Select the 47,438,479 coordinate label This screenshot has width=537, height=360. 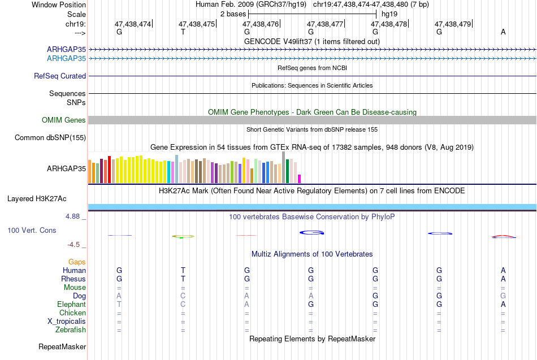[x=453, y=24]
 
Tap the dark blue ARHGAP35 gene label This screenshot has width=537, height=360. [x=67, y=49]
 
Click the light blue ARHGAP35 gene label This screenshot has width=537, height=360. [x=67, y=59]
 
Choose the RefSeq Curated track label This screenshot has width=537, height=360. [x=60, y=76]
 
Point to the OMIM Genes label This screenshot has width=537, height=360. [x=64, y=120]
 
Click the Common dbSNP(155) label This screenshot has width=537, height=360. [x=50, y=138]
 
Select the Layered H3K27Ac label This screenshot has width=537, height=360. [x=37, y=199]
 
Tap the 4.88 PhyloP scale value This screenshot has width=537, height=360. [x=72, y=216]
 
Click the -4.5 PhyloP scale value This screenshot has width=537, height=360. [x=73, y=245]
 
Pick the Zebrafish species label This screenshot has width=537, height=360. [x=71, y=330]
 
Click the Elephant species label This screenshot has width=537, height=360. [x=72, y=305]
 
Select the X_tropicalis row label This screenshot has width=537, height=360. [x=67, y=322]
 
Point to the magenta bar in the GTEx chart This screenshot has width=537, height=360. [x=300, y=179]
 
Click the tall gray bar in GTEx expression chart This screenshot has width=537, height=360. [x=284, y=167]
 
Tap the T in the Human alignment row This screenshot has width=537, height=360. [x=183, y=271]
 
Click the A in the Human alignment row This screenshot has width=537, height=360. [x=503, y=271]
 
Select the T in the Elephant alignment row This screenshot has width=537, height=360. [x=119, y=305]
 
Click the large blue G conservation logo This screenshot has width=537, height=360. [x=311, y=233]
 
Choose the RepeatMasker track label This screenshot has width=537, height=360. [x=62, y=346]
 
